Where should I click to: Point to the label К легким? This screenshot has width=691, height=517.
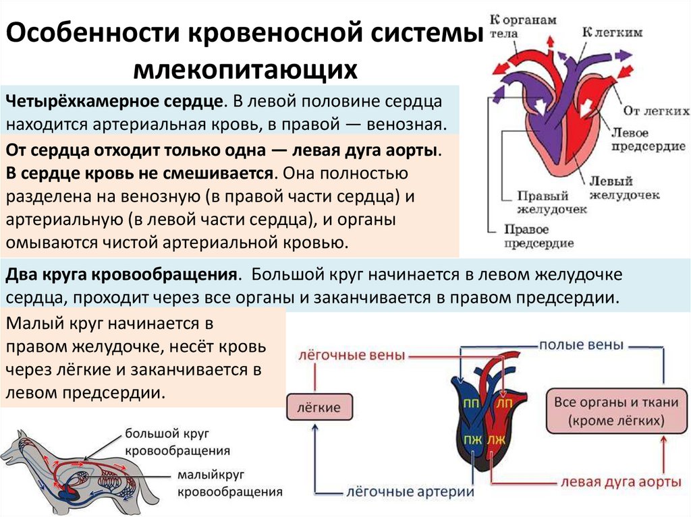[611, 32]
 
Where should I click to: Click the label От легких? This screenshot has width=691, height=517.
[655, 110]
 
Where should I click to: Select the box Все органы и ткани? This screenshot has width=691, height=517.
[615, 411]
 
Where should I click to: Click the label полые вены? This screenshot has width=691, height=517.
[580, 344]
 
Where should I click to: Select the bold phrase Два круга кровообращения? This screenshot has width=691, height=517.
[121, 276]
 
